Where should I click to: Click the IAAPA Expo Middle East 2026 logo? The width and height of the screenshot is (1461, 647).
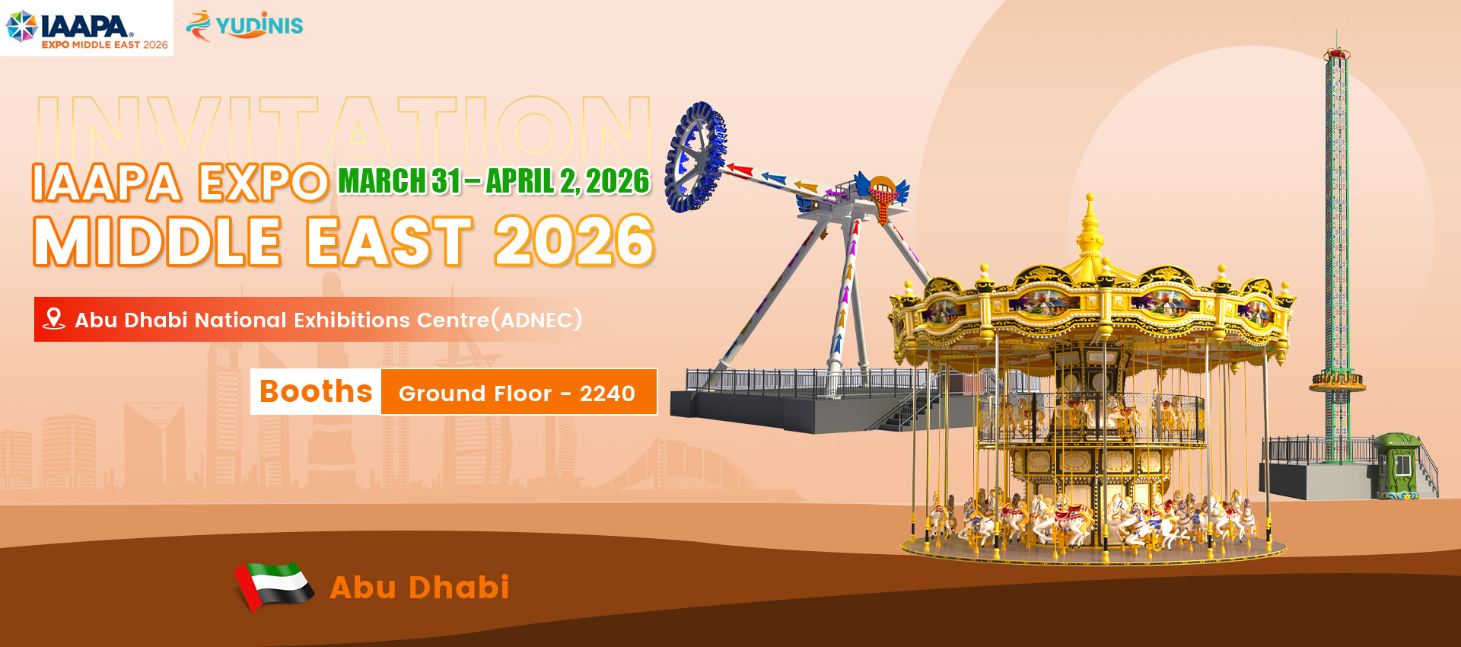coord(87,28)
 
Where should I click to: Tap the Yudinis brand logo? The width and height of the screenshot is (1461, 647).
coord(244,25)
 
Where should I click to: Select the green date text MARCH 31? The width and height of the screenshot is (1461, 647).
coord(399,181)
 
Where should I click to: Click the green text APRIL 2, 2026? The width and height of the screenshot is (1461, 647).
coord(568,181)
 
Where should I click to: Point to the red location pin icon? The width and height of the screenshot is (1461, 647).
coord(53,318)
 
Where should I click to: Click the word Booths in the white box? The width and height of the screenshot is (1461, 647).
coord(316,391)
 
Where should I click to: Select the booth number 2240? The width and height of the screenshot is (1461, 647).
coord(607,394)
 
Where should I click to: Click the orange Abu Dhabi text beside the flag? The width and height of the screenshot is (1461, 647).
coord(419,587)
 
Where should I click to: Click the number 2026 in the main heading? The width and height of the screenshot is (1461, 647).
coord(575,241)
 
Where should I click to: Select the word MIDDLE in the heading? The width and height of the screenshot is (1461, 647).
coord(158,241)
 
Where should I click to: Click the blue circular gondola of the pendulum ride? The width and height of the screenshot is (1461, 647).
coord(695,157)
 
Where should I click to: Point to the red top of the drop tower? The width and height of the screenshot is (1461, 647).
coord(1337,53)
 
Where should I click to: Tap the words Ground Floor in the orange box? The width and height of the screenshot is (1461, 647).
coord(475,394)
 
